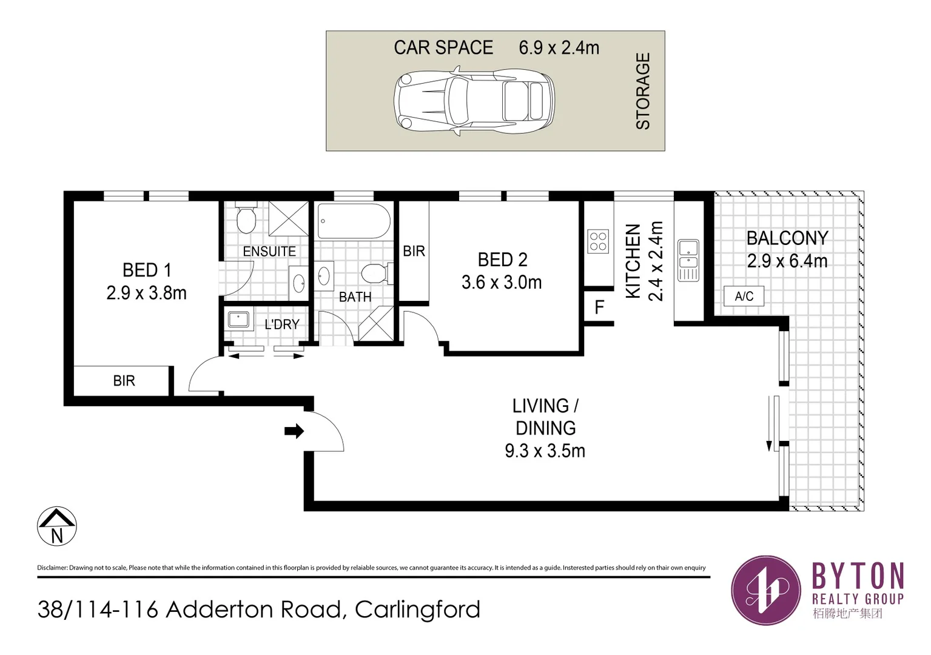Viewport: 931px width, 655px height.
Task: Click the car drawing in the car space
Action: [474, 101]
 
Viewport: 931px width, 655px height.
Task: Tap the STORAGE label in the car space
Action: [642, 91]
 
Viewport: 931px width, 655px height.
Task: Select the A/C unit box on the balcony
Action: [744, 296]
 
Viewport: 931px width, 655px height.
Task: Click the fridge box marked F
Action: [599, 307]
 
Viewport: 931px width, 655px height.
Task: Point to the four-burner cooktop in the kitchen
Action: [598, 241]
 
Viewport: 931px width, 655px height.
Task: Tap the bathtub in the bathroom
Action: [354, 222]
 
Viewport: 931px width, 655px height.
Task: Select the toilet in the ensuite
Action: [246, 220]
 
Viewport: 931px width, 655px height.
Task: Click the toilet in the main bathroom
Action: [375, 274]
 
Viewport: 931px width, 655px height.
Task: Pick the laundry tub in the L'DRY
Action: [238, 320]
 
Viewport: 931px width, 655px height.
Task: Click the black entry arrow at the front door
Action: [294, 431]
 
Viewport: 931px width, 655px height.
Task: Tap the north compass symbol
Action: [57, 526]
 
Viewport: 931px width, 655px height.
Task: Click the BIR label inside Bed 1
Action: [124, 381]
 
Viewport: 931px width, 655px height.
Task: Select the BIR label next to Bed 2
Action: [414, 251]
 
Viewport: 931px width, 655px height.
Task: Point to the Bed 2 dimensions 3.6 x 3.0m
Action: [502, 283]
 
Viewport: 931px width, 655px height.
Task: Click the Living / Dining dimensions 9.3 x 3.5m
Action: [545, 451]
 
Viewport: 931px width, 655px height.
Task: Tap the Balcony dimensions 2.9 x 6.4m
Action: [787, 261]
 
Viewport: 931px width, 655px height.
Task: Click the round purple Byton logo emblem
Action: [766, 590]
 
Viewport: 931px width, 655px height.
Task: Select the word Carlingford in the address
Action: [417, 610]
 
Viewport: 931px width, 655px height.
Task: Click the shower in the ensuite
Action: [289, 218]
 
